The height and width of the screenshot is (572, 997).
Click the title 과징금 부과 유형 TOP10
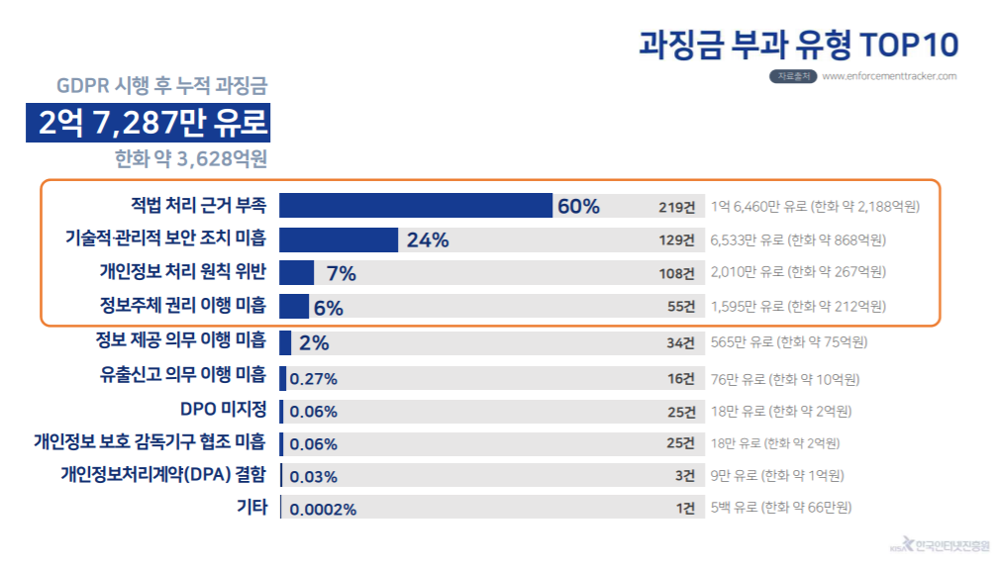(799, 44)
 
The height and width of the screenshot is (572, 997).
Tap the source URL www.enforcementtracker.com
(889, 76)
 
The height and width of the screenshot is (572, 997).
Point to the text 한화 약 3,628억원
(191, 157)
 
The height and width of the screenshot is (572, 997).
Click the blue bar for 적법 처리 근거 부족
(415, 206)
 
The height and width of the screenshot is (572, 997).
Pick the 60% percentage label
(578, 207)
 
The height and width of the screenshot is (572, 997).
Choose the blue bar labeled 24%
(339, 239)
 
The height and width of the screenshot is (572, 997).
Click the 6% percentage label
(328, 308)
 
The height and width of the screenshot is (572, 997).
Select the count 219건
(677, 207)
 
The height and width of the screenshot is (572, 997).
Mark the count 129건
(677, 240)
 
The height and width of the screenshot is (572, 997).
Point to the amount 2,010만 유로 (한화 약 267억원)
(798, 273)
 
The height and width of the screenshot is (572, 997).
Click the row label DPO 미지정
(223, 409)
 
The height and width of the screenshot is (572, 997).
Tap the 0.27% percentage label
(314, 379)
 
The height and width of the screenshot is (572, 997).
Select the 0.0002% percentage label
(323, 511)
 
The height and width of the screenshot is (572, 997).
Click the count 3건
(685, 475)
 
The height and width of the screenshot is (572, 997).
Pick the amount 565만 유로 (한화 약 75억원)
(789, 342)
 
